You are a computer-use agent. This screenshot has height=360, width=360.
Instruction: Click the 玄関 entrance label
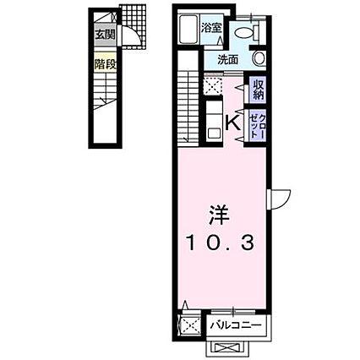click(x=105, y=35)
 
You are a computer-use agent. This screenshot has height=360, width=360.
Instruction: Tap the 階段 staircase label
click(x=105, y=64)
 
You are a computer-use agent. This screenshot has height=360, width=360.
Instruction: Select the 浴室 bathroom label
click(x=211, y=28)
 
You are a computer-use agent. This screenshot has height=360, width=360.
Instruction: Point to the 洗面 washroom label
click(x=228, y=60)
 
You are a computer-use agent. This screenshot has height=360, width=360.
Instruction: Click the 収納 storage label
click(x=258, y=90)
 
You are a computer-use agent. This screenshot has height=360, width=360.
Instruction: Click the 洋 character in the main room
click(x=219, y=215)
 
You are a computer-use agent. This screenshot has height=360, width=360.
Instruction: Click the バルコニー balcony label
click(x=236, y=325)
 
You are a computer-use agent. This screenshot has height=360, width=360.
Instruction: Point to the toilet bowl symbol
click(x=244, y=34)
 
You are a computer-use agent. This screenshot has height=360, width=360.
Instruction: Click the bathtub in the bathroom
click(x=189, y=29)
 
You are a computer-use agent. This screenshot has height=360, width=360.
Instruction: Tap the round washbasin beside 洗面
click(x=259, y=58)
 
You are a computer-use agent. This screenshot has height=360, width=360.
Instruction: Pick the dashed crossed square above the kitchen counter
click(x=213, y=85)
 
